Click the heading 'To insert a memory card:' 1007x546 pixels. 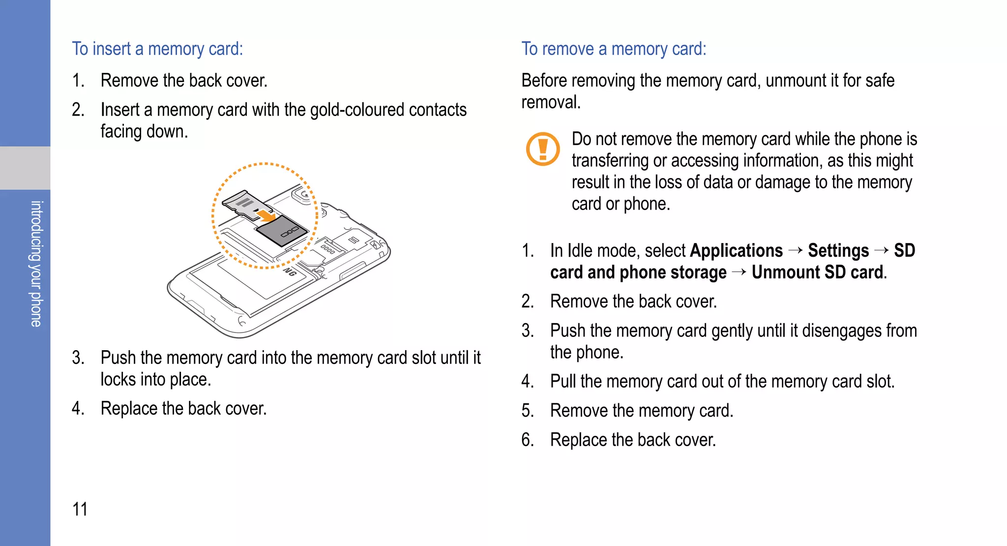pos(157,49)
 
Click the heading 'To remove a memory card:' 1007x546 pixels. pos(614,49)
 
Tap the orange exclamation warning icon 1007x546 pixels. pos(543,149)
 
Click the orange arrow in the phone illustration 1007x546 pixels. pos(267,215)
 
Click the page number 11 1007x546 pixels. pos(80,509)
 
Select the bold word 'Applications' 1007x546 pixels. pos(736,251)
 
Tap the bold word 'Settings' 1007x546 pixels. pos(838,251)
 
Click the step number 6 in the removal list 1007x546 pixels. pos(527,440)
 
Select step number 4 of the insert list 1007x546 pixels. pos(77,409)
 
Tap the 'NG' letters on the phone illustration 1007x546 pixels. pos(290,272)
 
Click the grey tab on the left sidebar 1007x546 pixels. pos(25,168)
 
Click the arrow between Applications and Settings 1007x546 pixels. pos(795,251)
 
